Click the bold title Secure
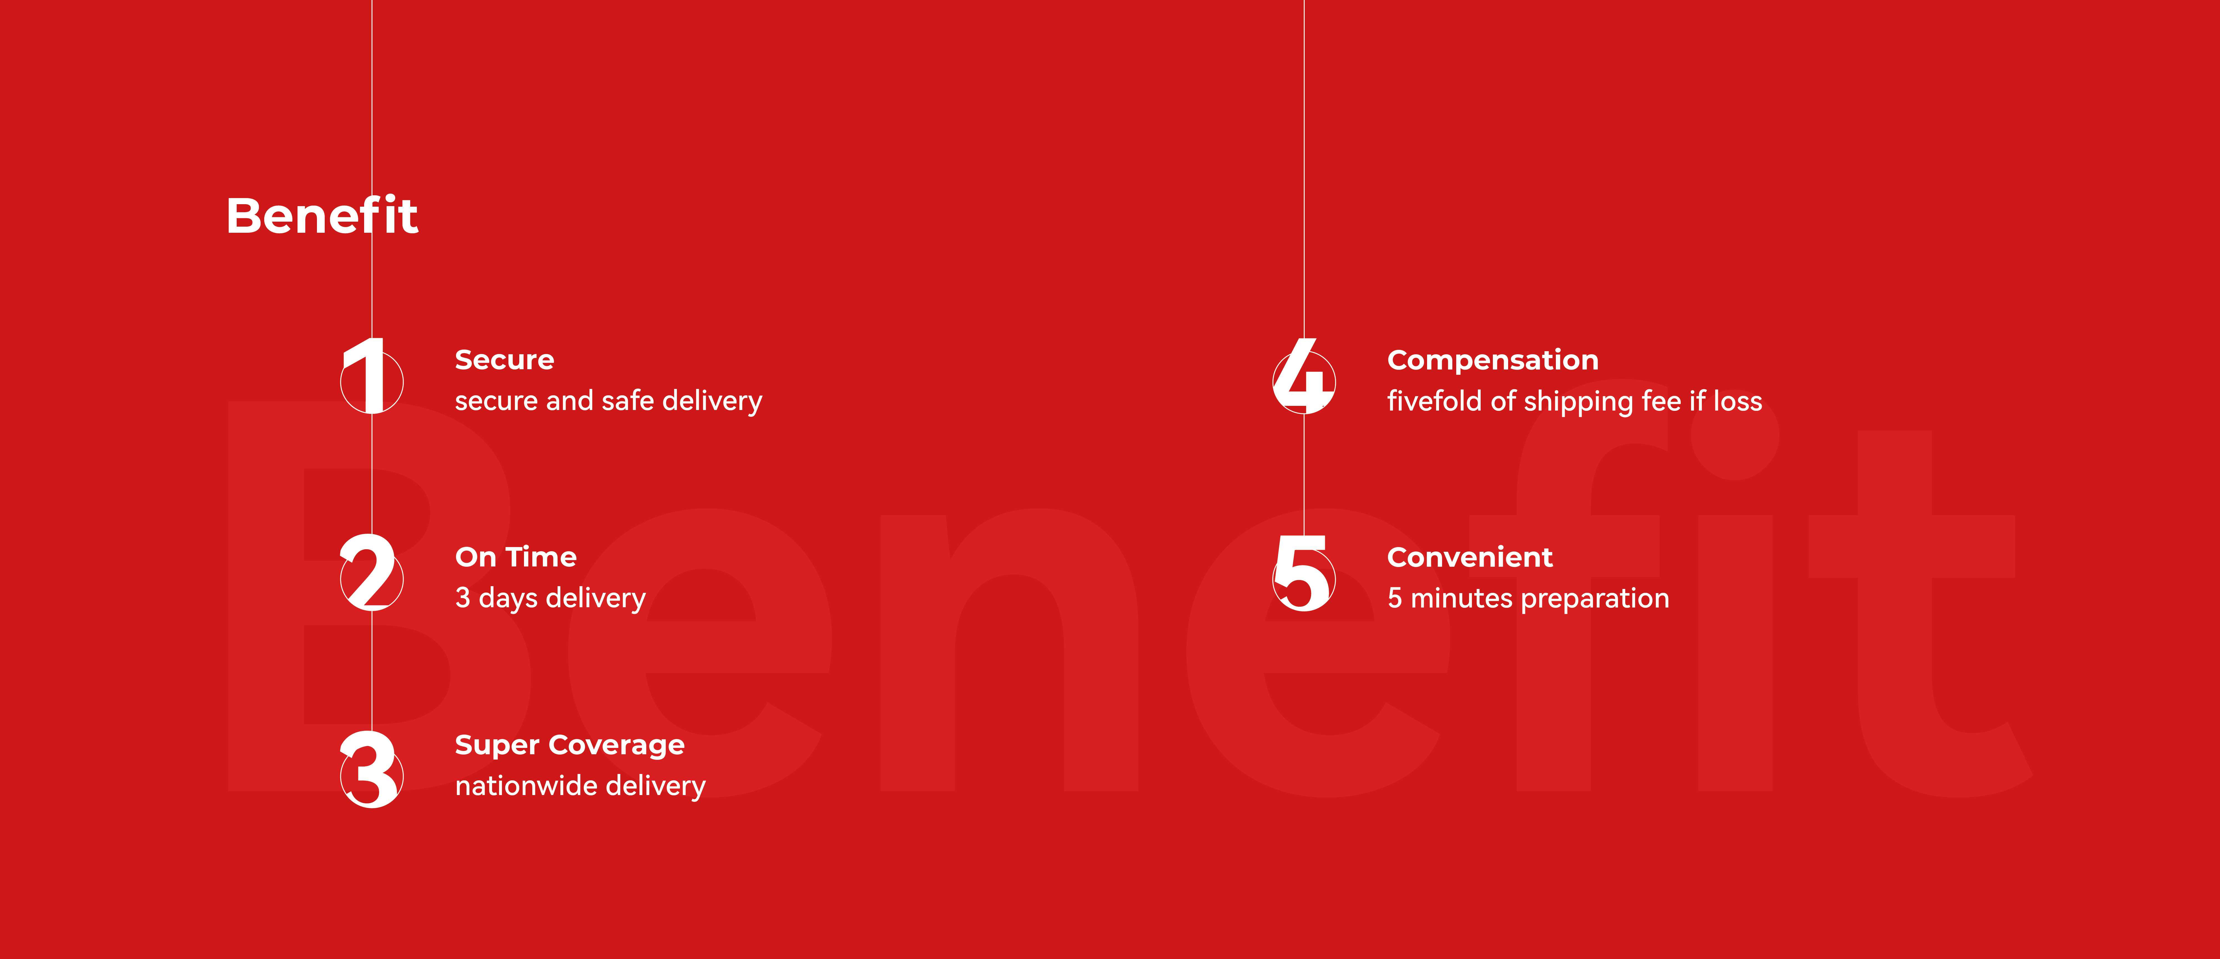[504, 360]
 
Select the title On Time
[515, 558]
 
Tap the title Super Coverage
[570, 745]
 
